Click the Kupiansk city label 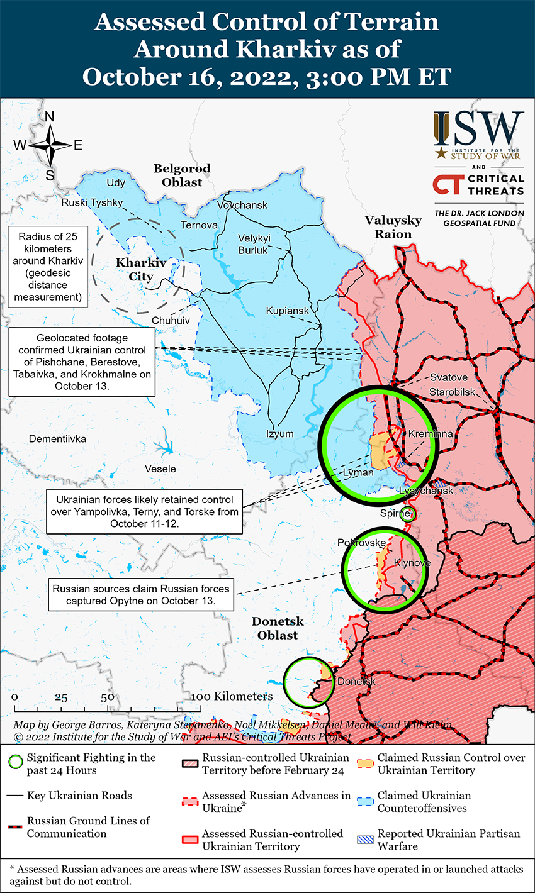pos(288,311)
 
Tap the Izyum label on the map pos(279,434)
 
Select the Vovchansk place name pos(242,205)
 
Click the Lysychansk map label pos(426,490)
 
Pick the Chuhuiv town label pos(171,320)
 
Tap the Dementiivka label pos(57,438)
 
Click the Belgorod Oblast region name pos(182,175)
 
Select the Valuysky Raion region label pos(393,227)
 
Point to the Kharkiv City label pos(140,269)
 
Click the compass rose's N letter pos(50,116)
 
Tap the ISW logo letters pos(479,129)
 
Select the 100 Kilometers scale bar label pos(232,696)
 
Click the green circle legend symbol pos(17,763)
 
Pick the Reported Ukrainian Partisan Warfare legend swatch pos(366,840)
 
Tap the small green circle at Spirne pos(408,513)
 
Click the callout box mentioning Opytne pos(141,595)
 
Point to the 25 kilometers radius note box pos(47,267)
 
